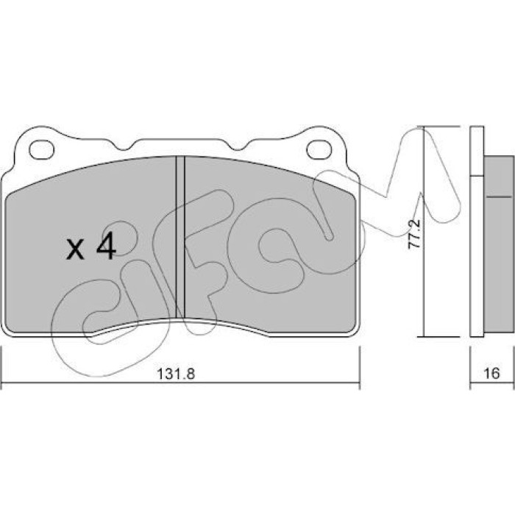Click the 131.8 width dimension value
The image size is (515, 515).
[x=176, y=374]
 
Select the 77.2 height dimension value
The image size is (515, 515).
[x=413, y=233]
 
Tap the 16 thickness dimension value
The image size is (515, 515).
[x=491, y=374]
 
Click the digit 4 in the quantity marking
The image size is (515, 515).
[x=106, y=246]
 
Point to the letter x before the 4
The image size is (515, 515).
[x=75, y=249]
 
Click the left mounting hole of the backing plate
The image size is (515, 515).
[x=41, y=150]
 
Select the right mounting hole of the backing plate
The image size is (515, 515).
[x=319, y=150]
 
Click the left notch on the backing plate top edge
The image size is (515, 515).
[x=124, y=146]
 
